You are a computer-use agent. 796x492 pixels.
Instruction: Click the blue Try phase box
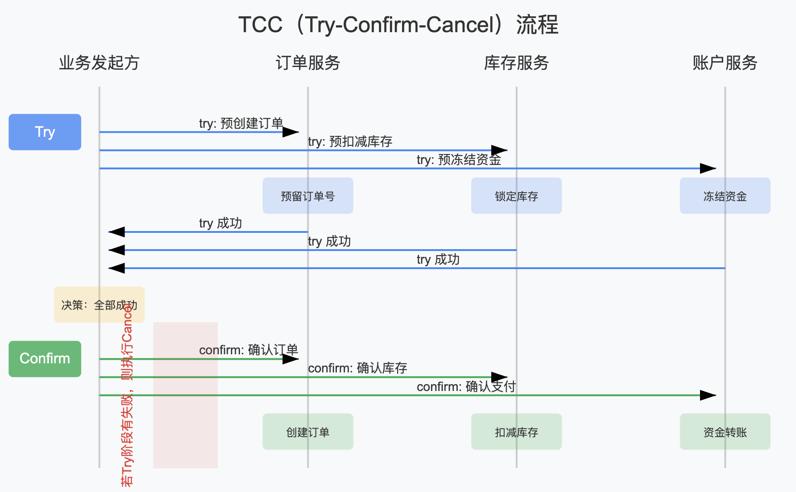pos(45,132)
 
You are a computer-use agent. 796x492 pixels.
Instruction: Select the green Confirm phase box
pos(45,359)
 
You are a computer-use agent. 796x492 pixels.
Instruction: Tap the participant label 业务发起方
pos(99,63)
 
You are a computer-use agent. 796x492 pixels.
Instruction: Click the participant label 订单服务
pos(308,63)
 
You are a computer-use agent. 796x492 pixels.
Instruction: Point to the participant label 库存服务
pos(516,63)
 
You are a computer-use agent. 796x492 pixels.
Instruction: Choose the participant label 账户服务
pos(725,63)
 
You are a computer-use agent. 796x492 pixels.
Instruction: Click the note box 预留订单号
pos(308,196)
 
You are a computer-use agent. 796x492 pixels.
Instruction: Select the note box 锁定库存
pos(516,196)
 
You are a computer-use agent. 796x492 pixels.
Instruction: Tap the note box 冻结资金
pos(725,196)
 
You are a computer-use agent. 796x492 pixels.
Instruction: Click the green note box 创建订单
pos(308,432)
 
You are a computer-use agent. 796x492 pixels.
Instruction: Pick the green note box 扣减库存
pos(516,432)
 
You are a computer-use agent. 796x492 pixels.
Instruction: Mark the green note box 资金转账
pos(725,432)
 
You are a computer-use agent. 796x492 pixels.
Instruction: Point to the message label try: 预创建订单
pos(241,123)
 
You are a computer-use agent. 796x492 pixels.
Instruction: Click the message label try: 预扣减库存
pos(350,142)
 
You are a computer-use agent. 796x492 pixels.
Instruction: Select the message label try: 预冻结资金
pos(459,160)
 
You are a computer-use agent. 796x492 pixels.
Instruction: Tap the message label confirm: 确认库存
pos(357,368)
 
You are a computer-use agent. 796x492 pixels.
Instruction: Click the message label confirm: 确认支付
pos(466,386)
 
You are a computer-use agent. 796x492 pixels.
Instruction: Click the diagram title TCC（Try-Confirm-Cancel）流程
pos(398,24)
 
